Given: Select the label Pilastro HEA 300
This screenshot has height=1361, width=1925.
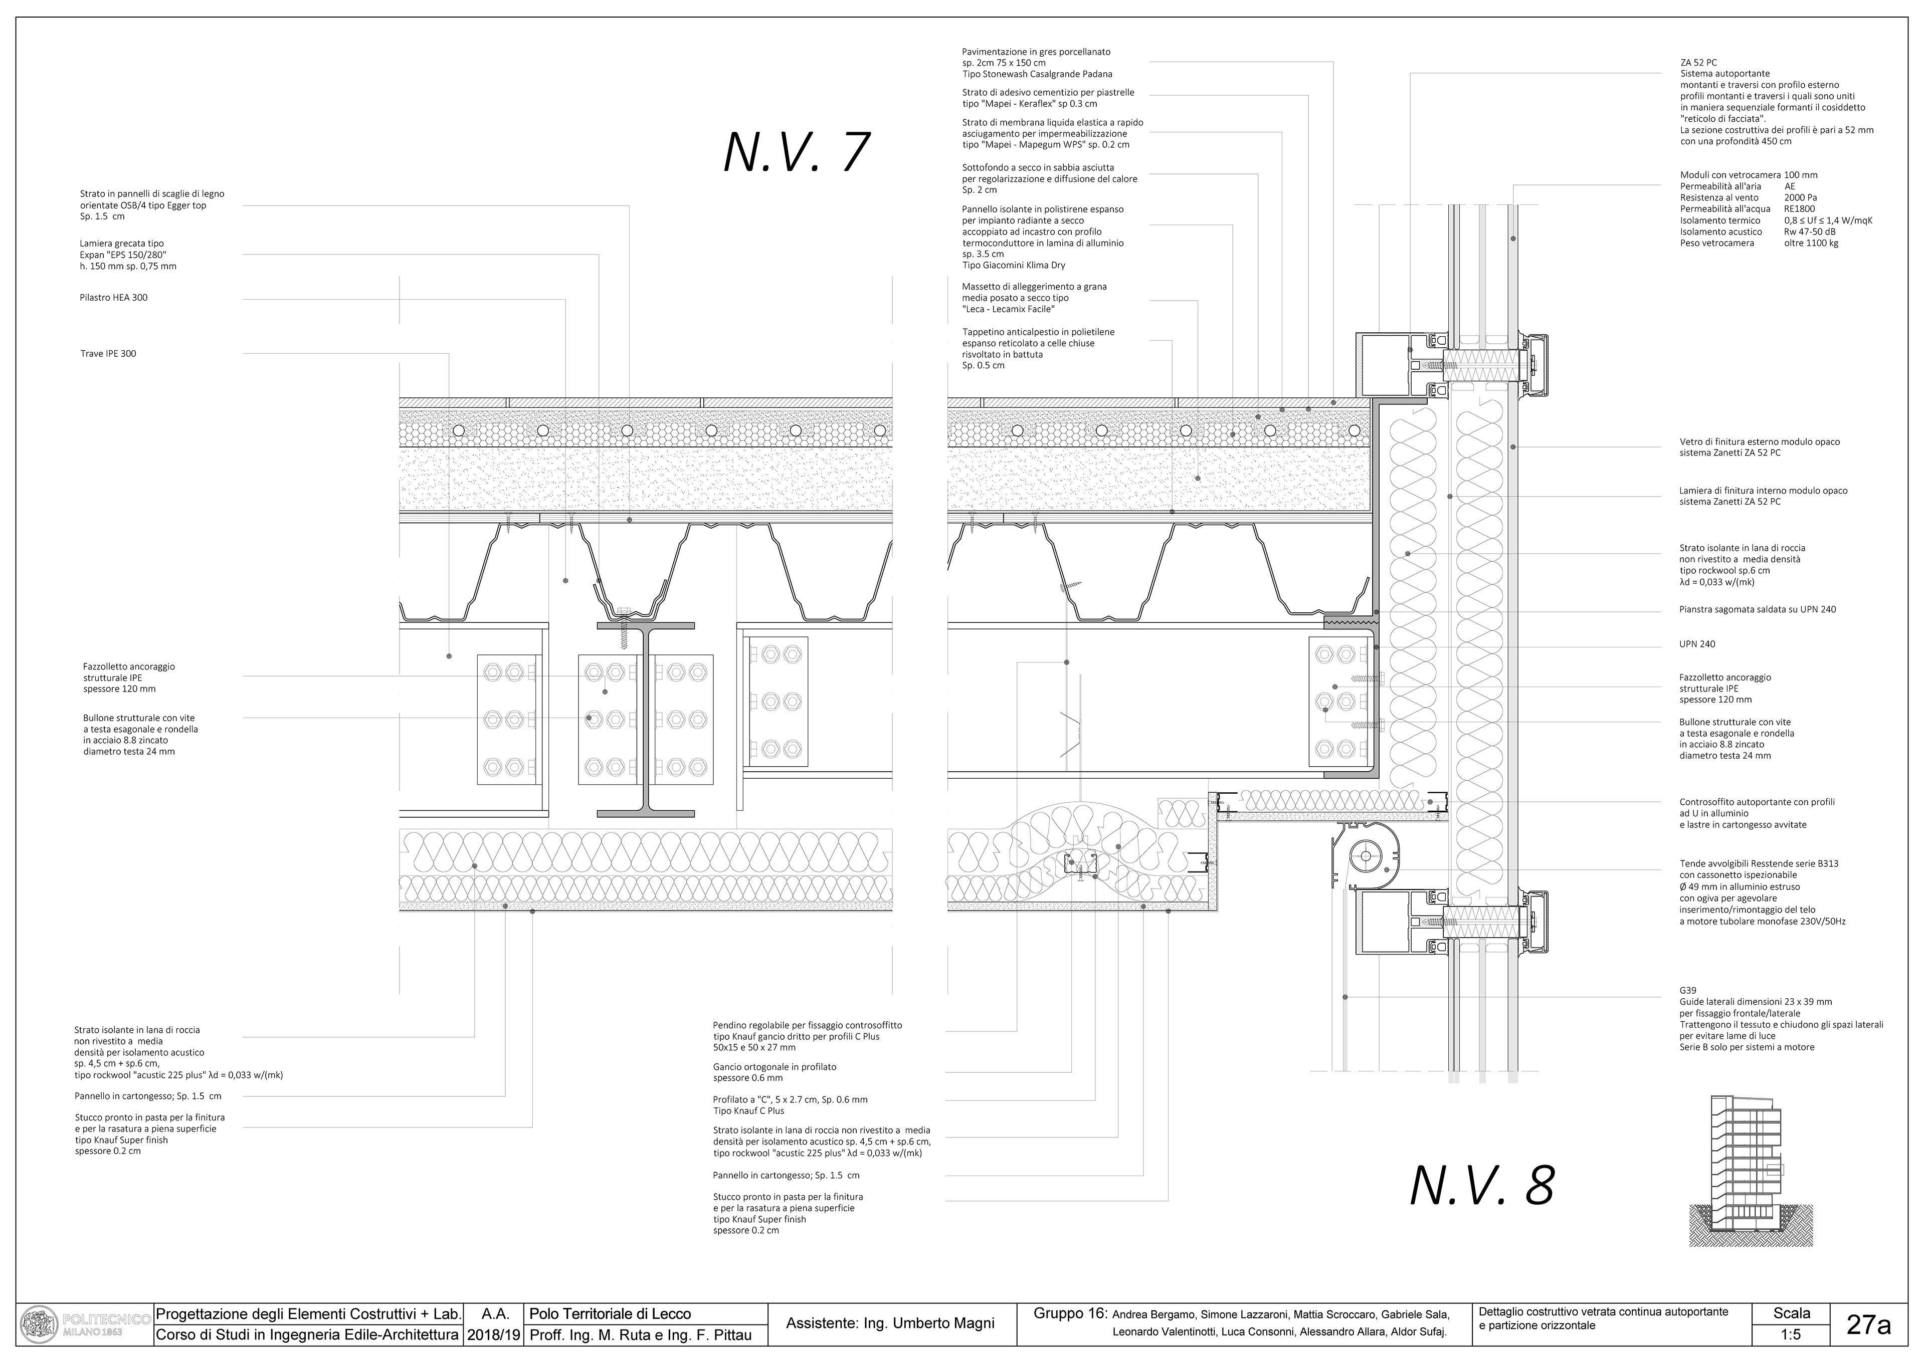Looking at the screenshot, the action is (x=113, y=298).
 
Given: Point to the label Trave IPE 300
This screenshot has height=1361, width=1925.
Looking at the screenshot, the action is (x=108, y=354).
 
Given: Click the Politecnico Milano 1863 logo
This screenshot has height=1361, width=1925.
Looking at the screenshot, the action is (x=84, y=1325).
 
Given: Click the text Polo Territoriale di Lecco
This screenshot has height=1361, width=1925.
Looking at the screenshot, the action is (x=611, y=1314).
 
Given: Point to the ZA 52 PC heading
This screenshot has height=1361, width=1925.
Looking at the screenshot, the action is (x=1698, y=62).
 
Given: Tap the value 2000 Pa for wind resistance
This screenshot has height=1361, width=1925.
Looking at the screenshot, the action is (x=1800, y=198).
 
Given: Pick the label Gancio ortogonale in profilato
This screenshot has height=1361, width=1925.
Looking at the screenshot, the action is (x=774, y=1067).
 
